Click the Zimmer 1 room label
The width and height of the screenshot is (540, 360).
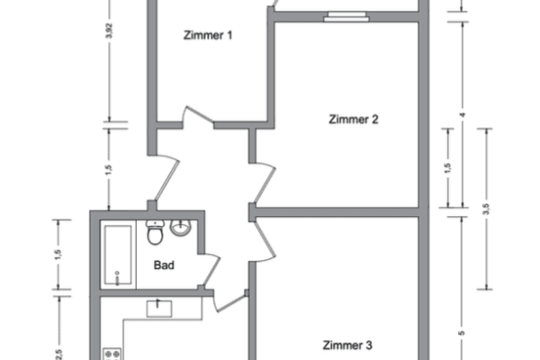[208, 35]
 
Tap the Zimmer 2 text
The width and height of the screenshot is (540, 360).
[354, 119]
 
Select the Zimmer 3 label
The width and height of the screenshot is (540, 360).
[347, 346]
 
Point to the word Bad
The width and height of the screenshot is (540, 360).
[164, 265]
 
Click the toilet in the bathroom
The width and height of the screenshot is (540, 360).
[155, 232]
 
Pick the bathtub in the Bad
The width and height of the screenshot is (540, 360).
[118, 255]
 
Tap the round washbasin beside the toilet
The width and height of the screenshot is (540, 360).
[180, 228]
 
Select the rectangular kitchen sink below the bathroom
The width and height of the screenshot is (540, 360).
[159, 309]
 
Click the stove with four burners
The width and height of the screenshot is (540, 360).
[112, 354]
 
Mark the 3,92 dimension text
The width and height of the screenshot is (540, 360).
[109, 31]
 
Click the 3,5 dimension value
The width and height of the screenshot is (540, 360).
[486, 209]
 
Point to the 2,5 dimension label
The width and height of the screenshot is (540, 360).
[58, 354]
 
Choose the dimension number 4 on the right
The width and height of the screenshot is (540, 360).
[463, 114]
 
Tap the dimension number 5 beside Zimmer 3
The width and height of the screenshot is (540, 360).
[462, 333]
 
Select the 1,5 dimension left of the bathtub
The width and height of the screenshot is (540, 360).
[58, 254]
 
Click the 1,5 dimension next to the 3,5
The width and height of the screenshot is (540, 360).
[447, 167]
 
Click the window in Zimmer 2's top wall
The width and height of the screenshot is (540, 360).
[346, 16]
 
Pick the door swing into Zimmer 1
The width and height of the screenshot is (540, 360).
[199, 115]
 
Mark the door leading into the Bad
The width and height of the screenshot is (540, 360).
[209, 269]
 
